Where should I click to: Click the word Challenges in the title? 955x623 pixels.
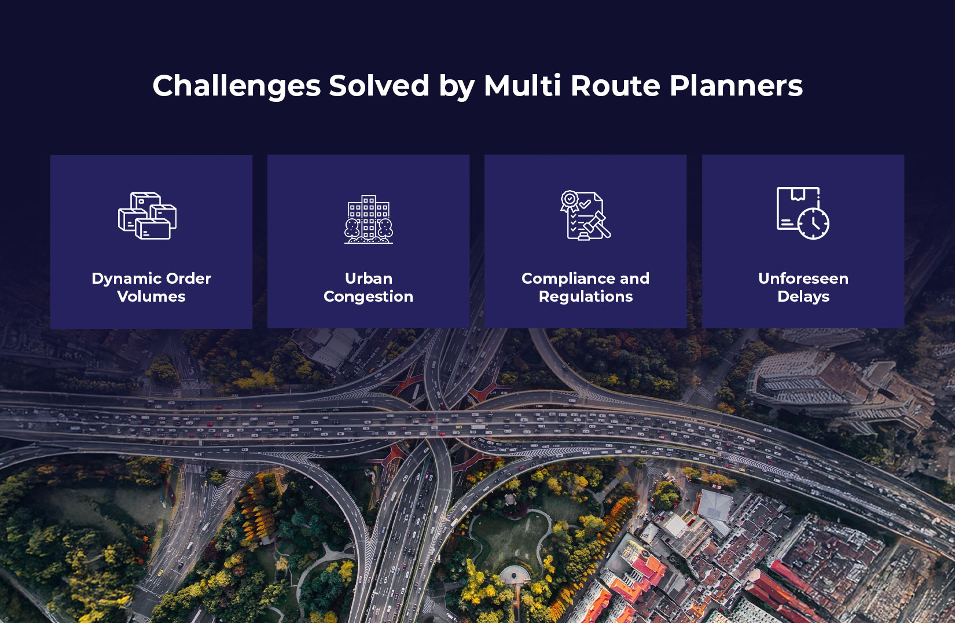(x=236, y=86)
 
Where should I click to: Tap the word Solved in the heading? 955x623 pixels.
(x=379, y=86)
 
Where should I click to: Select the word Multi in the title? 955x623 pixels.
(x=522, y=86)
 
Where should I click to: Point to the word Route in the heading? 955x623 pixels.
(x=615, y=86)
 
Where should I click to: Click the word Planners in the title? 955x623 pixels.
(x=736, y=86)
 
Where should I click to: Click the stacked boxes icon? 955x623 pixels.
(x=148, y=216)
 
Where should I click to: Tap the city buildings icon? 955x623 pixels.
(x=369, y=219)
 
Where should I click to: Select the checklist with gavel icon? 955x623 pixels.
(x=585, y=215)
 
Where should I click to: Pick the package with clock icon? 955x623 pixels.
(x=803, y=213)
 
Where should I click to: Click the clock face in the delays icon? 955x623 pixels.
(x=813, y=222)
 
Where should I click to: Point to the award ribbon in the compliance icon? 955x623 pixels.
(x=570, y=200)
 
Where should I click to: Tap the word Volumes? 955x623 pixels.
(x=151, y=296)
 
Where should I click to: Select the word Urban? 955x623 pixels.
(x=369, y=278)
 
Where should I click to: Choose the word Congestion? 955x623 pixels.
(x=369, y=297)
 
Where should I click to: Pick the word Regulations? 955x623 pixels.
(x=586, y=297)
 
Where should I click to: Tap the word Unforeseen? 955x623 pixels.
(x=803, y=278)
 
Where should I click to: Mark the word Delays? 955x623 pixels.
(x=803, y=296)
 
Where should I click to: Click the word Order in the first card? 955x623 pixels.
(x=188, y=278)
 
